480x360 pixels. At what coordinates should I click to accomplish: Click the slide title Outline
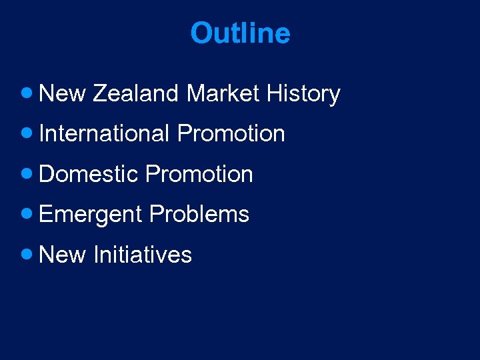pyautogui.click(x=240, y=33)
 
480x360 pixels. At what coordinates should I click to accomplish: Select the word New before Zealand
pyautogui.click(x=63, y=94)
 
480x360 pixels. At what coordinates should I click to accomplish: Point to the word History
pyautogui.click(x=303, y=95)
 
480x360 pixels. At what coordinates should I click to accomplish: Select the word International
pyautogui.click(x=104, y=134)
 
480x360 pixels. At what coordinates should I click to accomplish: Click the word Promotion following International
pyautogui.click(x=231, y=134)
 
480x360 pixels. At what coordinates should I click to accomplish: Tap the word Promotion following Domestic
pyautogui.click(x=199, y=175)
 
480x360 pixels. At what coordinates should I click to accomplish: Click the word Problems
pyautogui.click(x=199, y=215)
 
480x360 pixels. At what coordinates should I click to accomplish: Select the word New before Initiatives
pyautogui.click(x=63, y=255)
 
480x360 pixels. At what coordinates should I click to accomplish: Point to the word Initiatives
pyautogui.click(x=143, y=255)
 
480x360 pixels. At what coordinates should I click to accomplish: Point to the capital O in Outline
pyautogui.click(x=201, y=33)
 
